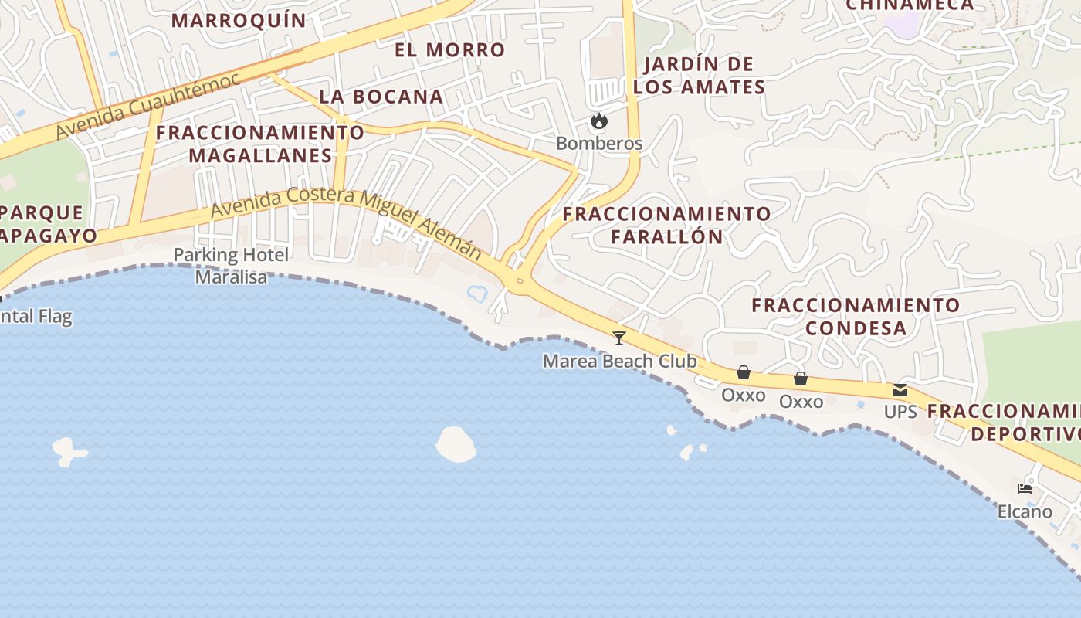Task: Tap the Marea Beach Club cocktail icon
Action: tap(618, 338)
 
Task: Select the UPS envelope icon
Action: tap(900, 390)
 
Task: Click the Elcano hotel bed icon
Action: tap(1025, 489)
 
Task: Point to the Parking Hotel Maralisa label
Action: tap(231, 266)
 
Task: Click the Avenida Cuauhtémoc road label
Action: tap(147, 107)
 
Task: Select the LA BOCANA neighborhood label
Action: tap(381, 97)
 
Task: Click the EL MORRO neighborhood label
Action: tap(449, 50)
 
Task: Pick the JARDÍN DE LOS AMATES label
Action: tap(699, 76)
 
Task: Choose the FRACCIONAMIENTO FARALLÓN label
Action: tap(666, 225)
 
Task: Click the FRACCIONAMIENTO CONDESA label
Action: tap(856, 317)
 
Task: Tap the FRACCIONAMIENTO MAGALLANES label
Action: tap(260, 144)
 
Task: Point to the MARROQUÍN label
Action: tap(239, 20)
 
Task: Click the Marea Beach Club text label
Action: tap(619, 362)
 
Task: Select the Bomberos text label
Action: tap(599, 144)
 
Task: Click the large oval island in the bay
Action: tap(456, 445)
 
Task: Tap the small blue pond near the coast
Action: tap(476, 293)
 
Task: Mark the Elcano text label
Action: tap(1025, 511)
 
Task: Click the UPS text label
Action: tap(900, 412)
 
